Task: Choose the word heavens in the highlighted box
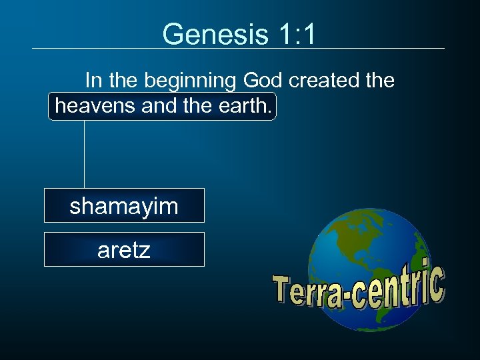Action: click(x=96, y=106)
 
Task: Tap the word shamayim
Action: click(x=124, y=206)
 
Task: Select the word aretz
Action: click(x=124, y=250)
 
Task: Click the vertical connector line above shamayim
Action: click(x=85, y=154)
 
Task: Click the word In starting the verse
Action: click(x=93, y=81)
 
